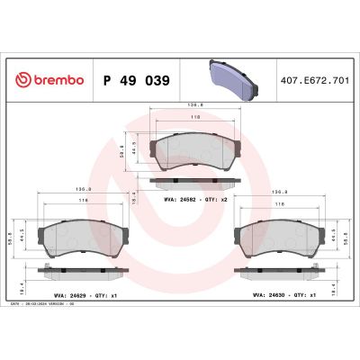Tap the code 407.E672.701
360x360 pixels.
click(314, 80)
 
